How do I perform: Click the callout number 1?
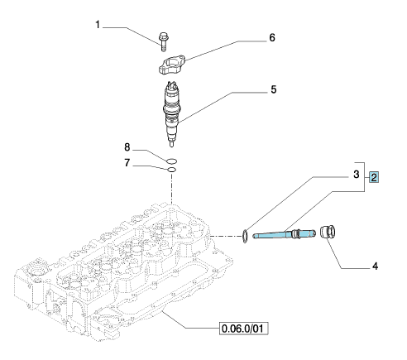[98, 25]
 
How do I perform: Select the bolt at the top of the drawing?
[164, 42]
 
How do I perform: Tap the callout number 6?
[272, 37]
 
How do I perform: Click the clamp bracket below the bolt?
[171, 65]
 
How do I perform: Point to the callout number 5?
[273, 89]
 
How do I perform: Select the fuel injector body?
[172, 113]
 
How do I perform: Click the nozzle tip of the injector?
[171, 144]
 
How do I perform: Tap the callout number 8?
[127, 147]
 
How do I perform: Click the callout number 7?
[127, 163]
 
